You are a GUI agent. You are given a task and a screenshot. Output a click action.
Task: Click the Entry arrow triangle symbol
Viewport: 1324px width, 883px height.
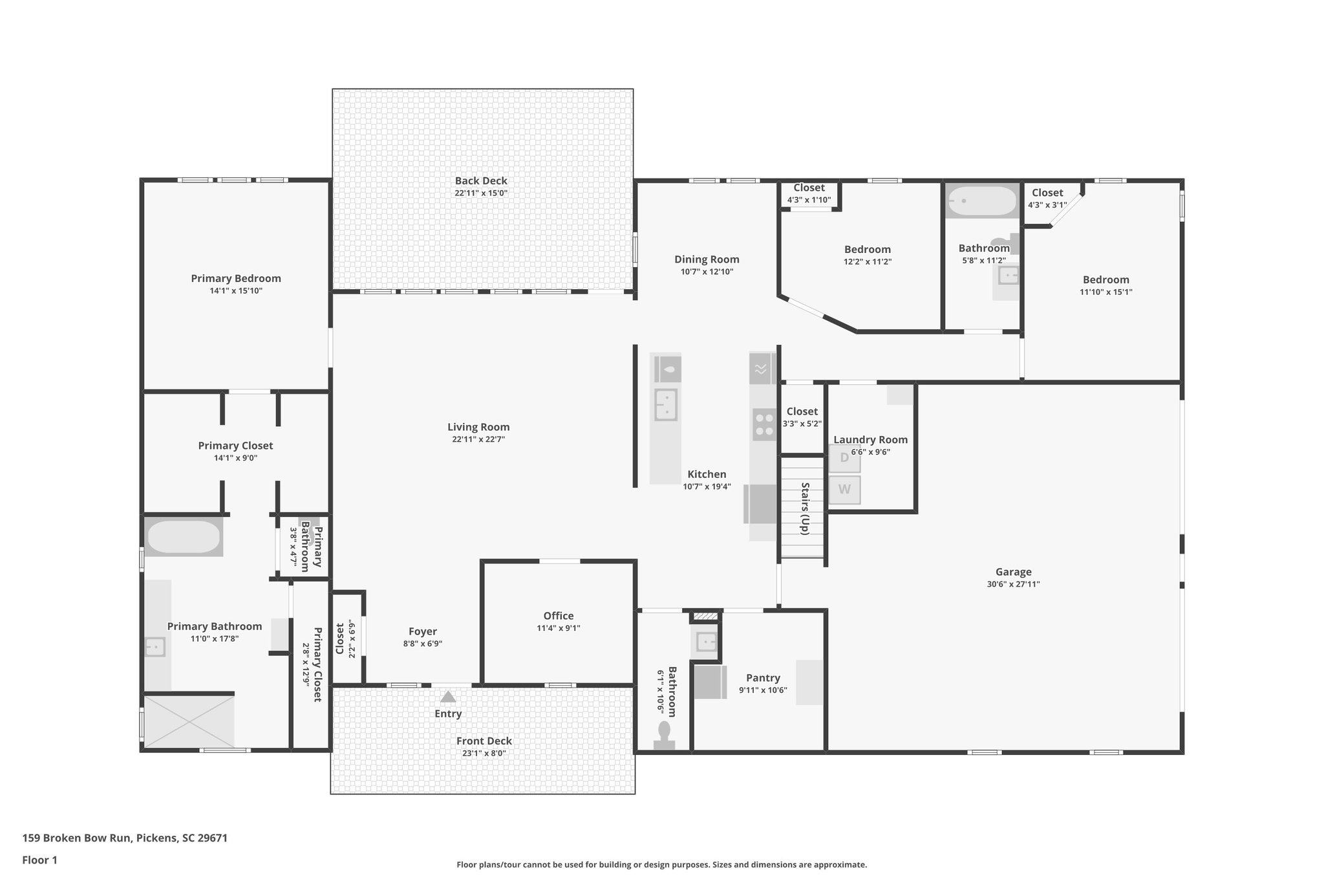pos(447,697)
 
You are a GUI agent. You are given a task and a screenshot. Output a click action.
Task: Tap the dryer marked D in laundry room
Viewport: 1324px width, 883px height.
pos(844,458)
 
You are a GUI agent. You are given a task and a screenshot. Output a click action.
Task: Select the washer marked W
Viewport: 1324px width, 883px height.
pos(844,490)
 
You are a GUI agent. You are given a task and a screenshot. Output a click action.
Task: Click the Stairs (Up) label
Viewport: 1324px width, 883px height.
pos(805,508)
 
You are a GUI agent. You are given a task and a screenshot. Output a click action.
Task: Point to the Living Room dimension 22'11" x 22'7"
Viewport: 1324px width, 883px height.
pos(478,439)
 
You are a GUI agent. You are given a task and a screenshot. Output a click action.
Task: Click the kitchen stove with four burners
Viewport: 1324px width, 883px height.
pos(764,424)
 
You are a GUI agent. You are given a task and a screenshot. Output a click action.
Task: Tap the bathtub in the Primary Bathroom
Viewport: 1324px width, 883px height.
pos(184,537)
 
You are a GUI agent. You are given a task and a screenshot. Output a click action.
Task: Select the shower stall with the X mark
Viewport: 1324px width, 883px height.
pos(189,721)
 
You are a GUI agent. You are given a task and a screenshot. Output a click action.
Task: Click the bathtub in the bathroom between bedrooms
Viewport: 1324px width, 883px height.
pos(981,201)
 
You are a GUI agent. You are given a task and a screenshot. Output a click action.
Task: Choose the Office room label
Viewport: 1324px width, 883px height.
pos(558,616)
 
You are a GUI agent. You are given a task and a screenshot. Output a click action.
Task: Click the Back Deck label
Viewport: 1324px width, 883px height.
pos(480,181)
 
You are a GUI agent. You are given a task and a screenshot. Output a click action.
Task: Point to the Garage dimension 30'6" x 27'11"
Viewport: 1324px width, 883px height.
pos(1013,584)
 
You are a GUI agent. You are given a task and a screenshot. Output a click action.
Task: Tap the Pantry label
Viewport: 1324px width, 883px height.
pos(763,678)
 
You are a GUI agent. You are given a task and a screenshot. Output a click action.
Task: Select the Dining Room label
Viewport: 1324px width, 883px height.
pos(707,259)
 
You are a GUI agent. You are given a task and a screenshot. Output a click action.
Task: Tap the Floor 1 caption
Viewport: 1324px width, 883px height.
pos(39,860)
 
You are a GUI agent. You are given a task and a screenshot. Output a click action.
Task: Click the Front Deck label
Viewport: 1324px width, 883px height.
pos(484,741)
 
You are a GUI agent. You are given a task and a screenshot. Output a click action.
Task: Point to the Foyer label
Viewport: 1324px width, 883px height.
pos(422,631)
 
